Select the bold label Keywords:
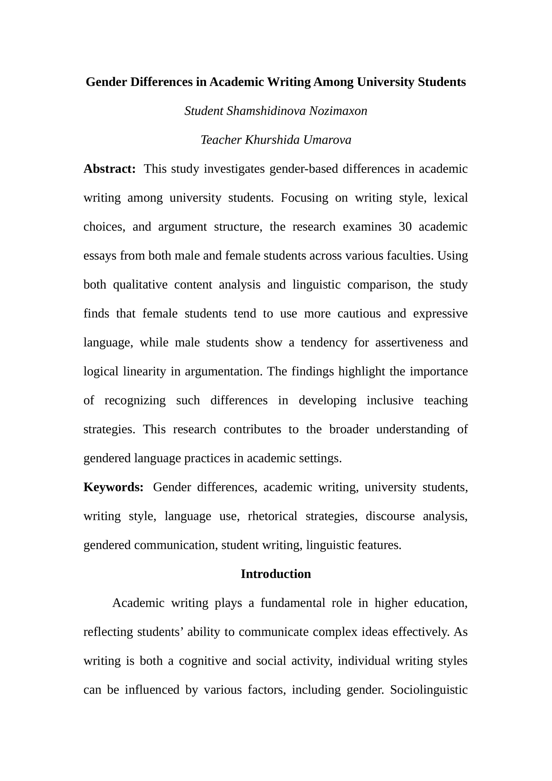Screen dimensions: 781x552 coord(114,487)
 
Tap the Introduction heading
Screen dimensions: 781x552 coord(276,574)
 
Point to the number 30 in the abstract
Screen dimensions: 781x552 coord(405,227)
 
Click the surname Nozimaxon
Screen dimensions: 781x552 coord(338,111)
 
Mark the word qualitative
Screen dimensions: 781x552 coord(140,285)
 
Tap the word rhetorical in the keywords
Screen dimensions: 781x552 coord(272,516)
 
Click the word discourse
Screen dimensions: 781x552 coord(390,516)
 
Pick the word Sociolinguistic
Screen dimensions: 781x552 coord(429,690)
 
